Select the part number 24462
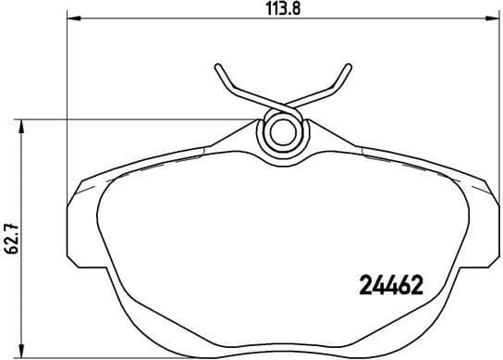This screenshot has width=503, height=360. pyautogui.click(x=389, y=286)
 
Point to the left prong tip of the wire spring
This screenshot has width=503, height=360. pyautogui.click(x=218, y=68)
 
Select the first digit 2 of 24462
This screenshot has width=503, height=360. pyautogui.click(x=363, y=286)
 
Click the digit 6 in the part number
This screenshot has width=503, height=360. pyautogui.click(x=402, y=286)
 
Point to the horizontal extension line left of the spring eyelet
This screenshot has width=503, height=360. pyautogui.click(x=139, y=118)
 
